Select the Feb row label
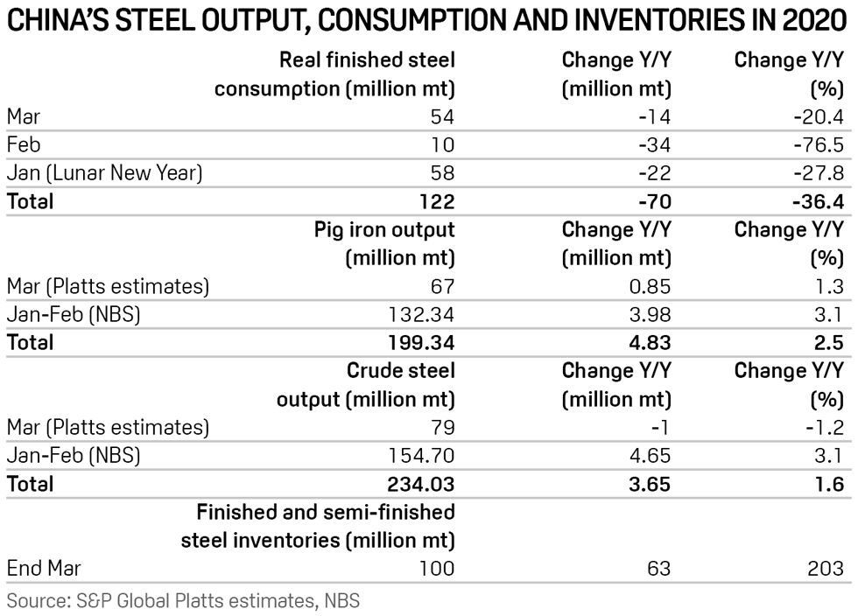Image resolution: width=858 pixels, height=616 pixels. pyautogui.click(x=24, y=144)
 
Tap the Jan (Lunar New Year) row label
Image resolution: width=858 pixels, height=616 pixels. pyautogui.click(x=105, y=173)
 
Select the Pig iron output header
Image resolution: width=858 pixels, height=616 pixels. pyautogui.click(x=384, y=230)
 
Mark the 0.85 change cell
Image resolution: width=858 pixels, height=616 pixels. pyautogui.click(x=648, y=286)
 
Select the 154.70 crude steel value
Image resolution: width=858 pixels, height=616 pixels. pyautogui.click(x=418, y=455)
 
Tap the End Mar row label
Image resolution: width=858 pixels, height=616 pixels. pyautogui.click(x=43, y=568)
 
